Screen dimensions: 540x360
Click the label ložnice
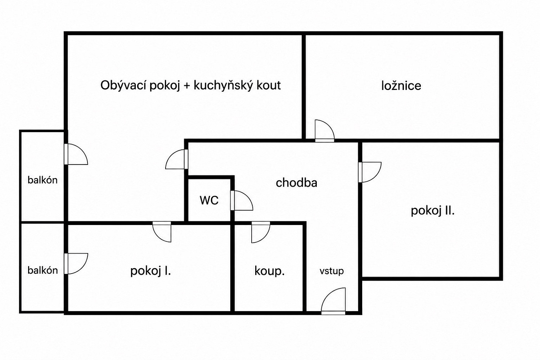(401, 86)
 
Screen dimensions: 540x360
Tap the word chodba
(297, 183)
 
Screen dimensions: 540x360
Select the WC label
(209, 200)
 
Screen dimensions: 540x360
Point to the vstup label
(332, 271)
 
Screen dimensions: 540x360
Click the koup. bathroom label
(270, 271)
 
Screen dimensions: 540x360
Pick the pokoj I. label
(151, 271)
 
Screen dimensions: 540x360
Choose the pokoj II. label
(433, 211)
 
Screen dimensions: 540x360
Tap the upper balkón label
(43, 180)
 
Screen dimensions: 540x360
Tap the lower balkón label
(43, 271)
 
